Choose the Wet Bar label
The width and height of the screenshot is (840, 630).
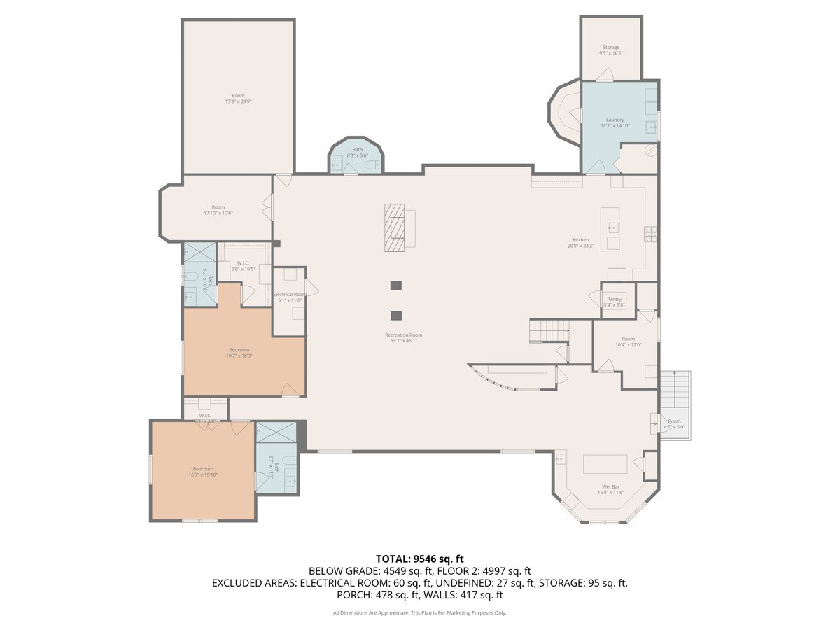click(x=610, y=489)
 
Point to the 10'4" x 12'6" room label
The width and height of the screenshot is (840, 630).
click(x=628, y=342)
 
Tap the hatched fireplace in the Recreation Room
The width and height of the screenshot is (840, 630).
click(x=394, y=227)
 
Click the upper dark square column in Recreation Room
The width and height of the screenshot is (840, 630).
click(x=396, y=286)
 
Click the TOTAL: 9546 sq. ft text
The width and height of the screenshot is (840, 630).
click(x=419, y=559)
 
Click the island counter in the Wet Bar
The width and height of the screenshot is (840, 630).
click(x=605, y=465)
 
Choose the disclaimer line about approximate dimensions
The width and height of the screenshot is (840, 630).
click(x=419, y=613)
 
